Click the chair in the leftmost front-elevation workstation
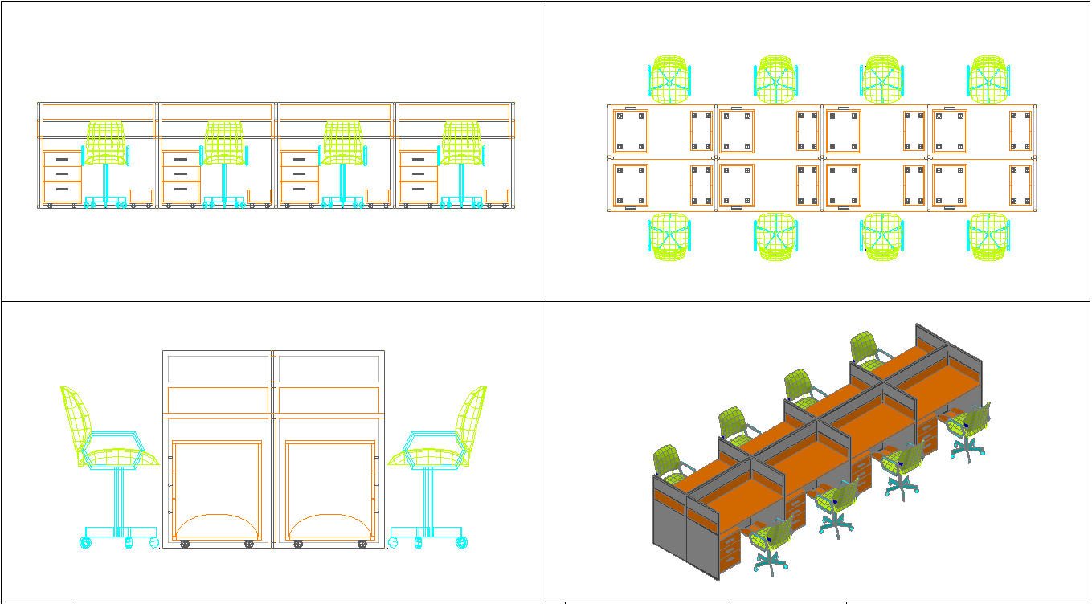(x=106, y=145)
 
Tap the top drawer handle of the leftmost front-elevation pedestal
(x=62, y=160)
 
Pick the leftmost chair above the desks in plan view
(x=670, y=80)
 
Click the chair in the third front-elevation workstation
(x=343, y=145)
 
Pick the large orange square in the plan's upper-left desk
(x=630, y=131)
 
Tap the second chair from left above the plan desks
(x=775, y=80)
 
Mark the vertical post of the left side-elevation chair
(x=117, y=498)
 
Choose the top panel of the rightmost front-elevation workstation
(x=454, y=112)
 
